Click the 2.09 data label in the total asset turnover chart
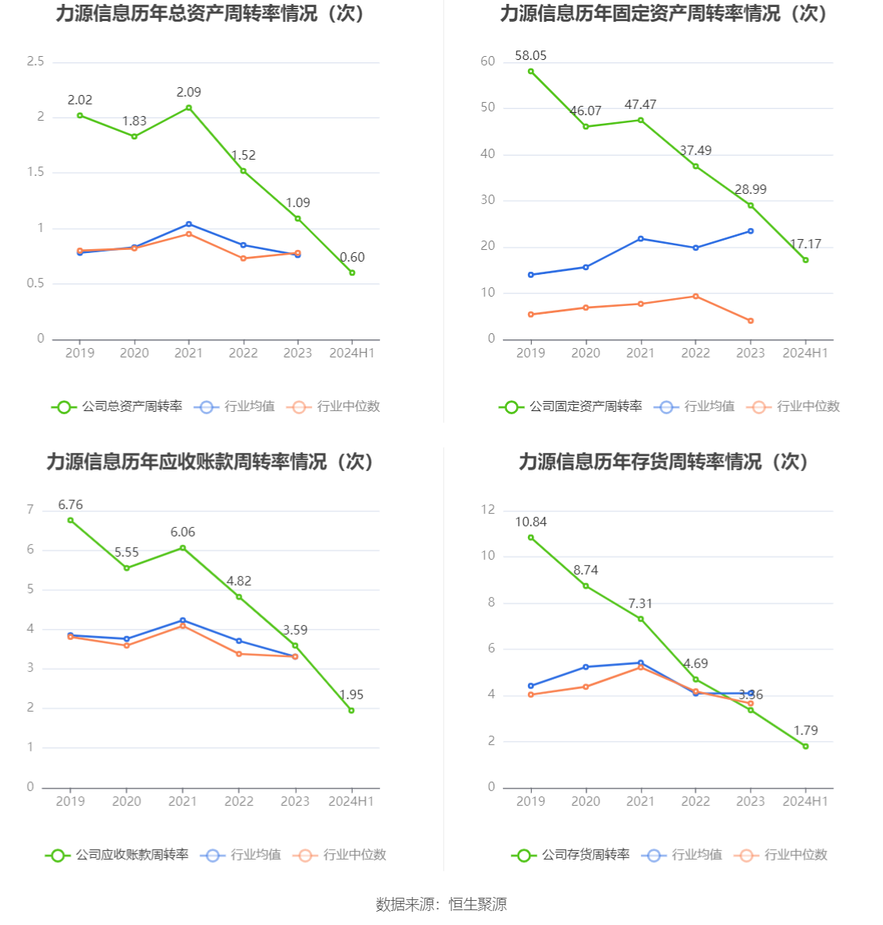(x=188, y=93)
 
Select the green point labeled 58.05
(x=531, y=72)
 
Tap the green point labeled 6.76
(x=70, y=520)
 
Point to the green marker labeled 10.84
(x=531, y=537)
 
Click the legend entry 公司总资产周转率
(x=117, y=406)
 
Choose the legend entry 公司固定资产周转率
(x=571, y=406)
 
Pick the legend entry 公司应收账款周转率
(x=117, y=855)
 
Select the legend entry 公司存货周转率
(x=571, y=855)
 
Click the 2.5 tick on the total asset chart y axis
(x=36, y=62)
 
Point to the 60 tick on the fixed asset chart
(x=487, y=62)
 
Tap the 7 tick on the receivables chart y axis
(x=30, y=510)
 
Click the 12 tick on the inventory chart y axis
(x=487, y=510)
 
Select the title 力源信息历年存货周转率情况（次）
(x=663, y=462)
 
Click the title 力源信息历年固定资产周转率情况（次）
(x=663, y=13)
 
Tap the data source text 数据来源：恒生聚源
(x=441, y=904)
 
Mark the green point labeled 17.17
(x=805, y=260)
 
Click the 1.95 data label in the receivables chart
(x=351, y=695)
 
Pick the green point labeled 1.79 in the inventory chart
(x=805, y=746)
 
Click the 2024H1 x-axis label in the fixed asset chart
(x=805, y=353)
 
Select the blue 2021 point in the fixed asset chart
(x=641, y=238)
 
